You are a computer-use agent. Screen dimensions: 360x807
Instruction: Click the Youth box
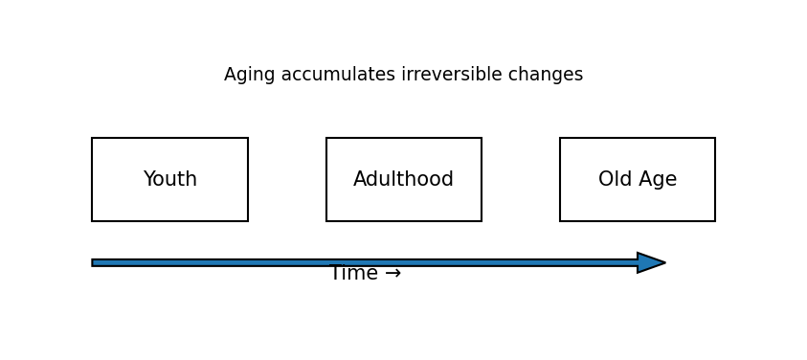169,180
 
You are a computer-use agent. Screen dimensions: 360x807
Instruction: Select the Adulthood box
403,180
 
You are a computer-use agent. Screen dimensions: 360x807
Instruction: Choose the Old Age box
637,180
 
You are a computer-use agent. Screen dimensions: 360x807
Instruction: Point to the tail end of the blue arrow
95,262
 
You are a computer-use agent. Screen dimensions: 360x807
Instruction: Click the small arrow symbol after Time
392,274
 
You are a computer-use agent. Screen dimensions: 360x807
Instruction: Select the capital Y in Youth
149,180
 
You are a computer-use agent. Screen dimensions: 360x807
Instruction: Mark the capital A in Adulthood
360,180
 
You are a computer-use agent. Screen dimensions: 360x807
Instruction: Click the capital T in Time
335,274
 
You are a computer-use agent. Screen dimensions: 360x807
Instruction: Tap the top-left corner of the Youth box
92,138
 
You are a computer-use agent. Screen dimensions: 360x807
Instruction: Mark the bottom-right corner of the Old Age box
715,221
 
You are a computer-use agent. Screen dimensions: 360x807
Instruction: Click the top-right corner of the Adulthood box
482,138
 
